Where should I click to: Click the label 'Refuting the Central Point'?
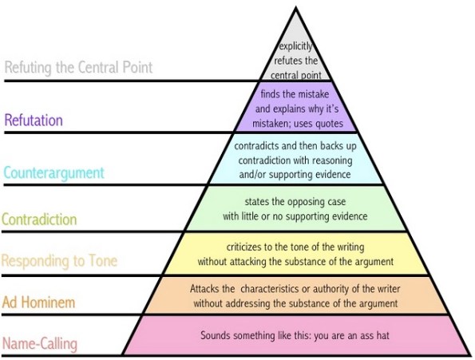point(78,67)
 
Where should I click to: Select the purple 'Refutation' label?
point(34,121)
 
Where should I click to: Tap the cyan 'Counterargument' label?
point(53,172)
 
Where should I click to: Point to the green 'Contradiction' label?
point(40,219)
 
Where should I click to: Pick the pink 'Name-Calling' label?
point(41,344)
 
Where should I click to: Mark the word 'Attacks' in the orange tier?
point(206,288)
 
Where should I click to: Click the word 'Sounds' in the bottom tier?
point(216,335)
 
